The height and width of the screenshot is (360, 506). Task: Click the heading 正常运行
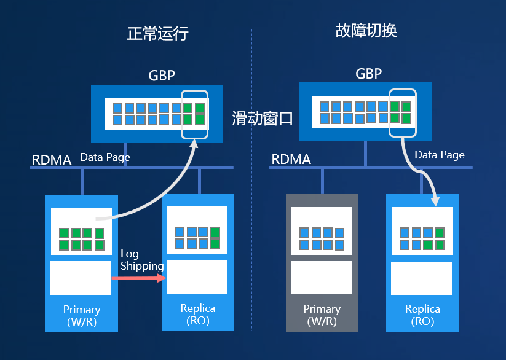coord(157,33)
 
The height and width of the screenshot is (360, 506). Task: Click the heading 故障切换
coord(366,31)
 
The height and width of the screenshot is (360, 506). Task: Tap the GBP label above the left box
coord(162,76)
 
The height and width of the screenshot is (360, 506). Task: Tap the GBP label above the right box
coord(369,74)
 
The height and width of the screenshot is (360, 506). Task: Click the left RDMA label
coord(52,160)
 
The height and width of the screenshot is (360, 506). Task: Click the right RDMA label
coord(291,160)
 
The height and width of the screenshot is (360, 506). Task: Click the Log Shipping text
coord(141,260)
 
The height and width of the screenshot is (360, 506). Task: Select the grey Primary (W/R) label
coord(322,315)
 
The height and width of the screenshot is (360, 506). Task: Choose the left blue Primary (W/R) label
coord(82,316)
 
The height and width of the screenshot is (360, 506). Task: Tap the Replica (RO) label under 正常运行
coord(198,314)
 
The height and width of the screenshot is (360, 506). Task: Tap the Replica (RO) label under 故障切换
coord(422,315)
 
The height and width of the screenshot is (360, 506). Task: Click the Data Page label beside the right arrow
coord(439,155)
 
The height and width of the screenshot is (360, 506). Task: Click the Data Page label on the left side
coord(105,157)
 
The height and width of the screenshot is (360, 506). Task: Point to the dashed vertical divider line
coord(252,184)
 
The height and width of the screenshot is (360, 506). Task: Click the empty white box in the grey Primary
coord(322,278)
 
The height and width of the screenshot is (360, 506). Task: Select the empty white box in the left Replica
coord(197,277)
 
